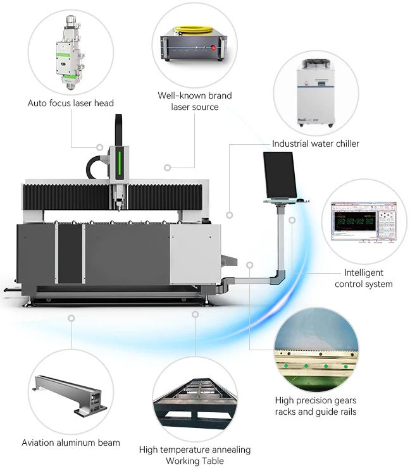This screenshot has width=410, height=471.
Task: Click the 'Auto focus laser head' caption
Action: [71, 102]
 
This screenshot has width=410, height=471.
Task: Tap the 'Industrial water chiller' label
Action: [315, 144]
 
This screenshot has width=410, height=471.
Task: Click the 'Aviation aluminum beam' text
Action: [71, 442]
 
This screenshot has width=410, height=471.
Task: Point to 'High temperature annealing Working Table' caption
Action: [194, 455]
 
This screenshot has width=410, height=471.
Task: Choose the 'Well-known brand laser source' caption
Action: [194, 101]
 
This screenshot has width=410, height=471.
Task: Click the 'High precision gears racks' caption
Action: [316, 406]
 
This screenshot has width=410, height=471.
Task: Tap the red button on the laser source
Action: [221, 46]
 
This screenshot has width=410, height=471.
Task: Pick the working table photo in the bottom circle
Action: [195, 405]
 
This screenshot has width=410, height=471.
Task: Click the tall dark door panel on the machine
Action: [70, 253]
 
